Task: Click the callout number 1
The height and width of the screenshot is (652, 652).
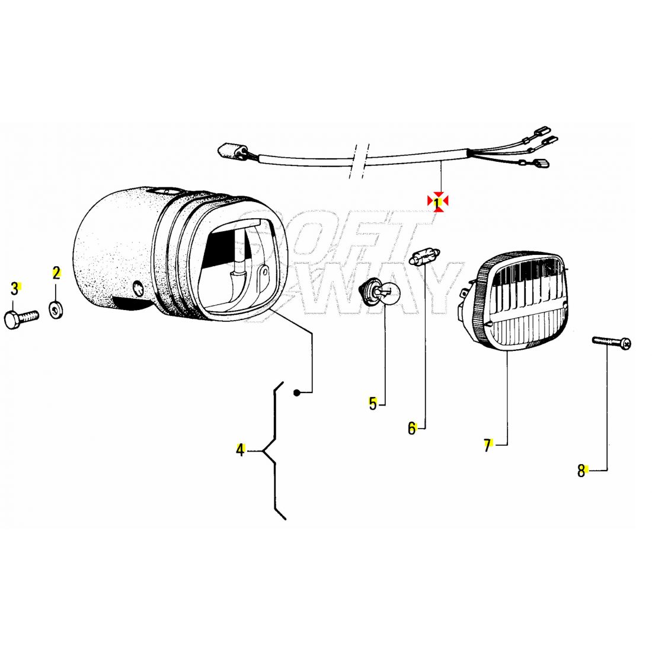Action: tap(437, 202)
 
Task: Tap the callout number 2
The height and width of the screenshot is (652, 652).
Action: tap(56, 273)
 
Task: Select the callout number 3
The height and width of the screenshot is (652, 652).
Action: tap(15, 288)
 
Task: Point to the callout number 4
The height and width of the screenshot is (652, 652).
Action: tap(240, 450)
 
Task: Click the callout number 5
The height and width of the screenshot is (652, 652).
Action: tap(373, 403)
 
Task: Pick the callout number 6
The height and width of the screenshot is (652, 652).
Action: tap(412, 428)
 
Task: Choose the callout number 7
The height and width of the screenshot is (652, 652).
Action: tap(488, 445)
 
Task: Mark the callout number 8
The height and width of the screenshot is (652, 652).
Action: tap(581, 471)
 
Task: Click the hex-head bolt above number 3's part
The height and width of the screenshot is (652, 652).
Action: tap(21, 318)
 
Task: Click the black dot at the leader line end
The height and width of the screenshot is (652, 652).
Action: tap(296, 392)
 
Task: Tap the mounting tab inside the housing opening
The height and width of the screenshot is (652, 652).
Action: tap(262, 273)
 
